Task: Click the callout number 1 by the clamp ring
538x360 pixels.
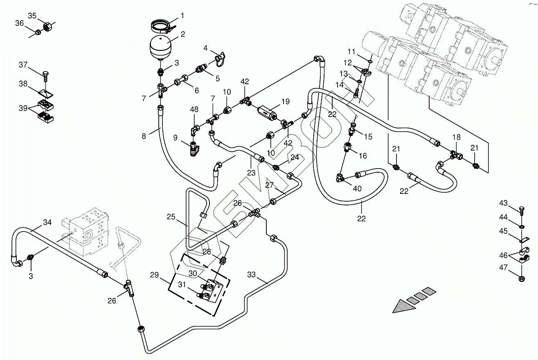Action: (182, 16)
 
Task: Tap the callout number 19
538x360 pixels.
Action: (285, 101)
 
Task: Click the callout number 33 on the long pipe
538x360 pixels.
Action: (251, 274)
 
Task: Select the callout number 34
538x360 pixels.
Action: (47, 222)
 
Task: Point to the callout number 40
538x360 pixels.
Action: (357, 189)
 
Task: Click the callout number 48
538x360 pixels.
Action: (194, 110)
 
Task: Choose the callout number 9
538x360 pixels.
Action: (176, 137)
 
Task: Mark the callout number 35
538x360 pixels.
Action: (32, 16)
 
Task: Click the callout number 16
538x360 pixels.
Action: (363, 156)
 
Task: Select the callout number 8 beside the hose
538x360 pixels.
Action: (144, 136)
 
